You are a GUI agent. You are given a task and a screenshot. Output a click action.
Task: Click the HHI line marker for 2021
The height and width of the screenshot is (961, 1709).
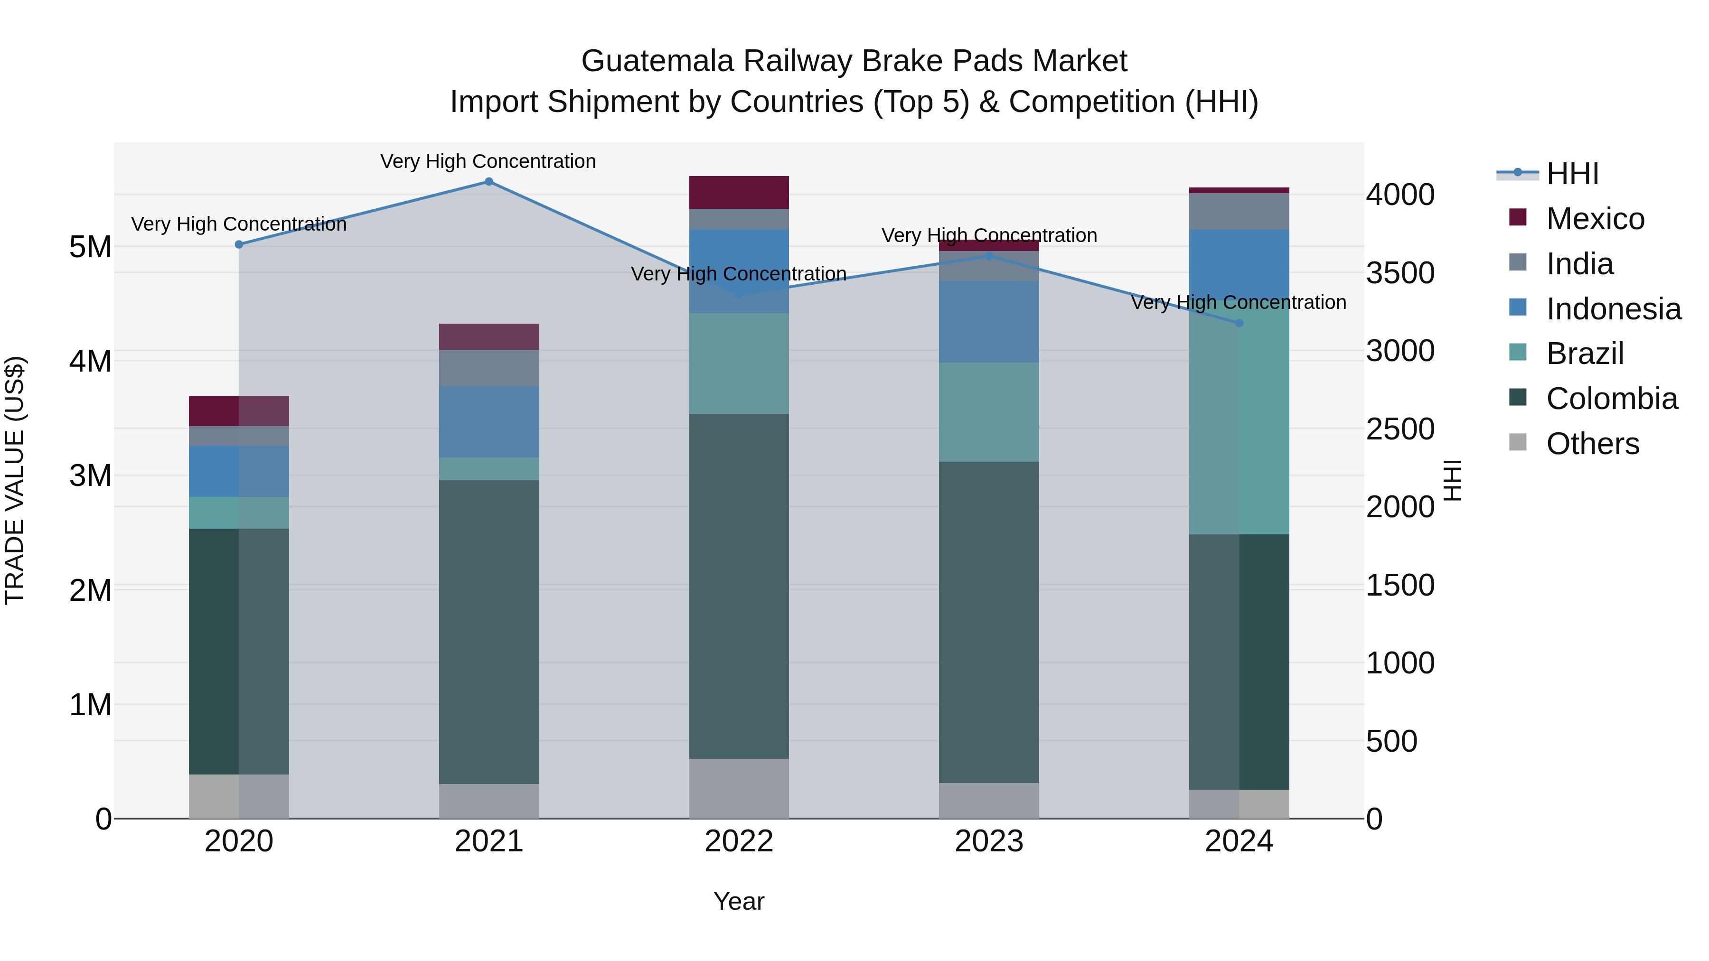(489, 182)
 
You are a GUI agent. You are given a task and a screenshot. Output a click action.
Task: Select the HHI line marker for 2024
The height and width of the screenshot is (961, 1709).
(1239, 323)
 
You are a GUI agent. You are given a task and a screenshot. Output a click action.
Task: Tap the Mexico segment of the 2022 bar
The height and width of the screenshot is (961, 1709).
(739, 192)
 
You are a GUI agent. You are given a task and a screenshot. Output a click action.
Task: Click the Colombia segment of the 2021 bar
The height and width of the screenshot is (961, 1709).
(489, 632)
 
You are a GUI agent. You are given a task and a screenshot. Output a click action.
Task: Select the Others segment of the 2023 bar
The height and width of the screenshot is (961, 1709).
(988, 801)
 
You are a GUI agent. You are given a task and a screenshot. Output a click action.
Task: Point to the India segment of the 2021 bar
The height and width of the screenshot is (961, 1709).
(489, 368)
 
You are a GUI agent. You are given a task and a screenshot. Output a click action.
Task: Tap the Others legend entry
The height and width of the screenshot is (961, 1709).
(1592, 444)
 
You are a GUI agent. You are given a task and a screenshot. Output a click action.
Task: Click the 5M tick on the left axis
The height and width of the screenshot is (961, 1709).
(91, 247)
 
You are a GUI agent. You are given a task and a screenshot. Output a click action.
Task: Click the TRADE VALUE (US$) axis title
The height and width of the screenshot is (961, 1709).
(15, 480)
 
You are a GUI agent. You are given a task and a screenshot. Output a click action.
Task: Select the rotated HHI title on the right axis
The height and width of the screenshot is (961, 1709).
(1453, 480)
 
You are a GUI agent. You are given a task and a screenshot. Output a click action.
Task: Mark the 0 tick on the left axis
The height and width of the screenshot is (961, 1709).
(103, 819)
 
